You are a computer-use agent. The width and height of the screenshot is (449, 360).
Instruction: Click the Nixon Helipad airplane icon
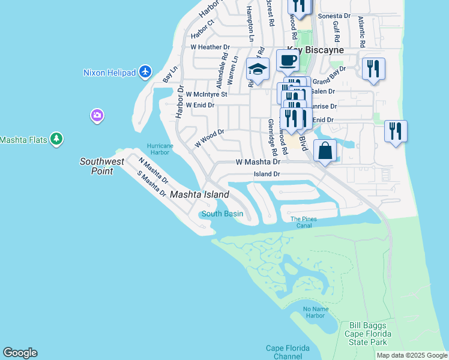145,73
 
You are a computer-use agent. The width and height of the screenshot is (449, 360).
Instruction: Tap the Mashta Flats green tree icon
56,139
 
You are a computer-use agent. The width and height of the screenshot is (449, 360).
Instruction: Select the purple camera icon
97,115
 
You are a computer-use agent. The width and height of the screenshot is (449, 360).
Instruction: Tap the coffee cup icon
288,60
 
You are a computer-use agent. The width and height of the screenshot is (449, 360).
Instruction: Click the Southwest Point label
102,166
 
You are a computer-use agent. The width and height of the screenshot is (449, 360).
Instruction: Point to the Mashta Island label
199,194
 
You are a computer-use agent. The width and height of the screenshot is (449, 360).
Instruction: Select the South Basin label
222,214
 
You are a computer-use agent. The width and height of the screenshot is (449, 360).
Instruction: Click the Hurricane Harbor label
160,149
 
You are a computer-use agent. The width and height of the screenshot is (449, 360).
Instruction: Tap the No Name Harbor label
316,312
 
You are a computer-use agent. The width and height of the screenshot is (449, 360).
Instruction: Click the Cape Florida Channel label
288,352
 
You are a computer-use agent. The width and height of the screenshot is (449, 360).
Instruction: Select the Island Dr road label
267,174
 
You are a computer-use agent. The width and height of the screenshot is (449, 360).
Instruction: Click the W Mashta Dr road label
258,162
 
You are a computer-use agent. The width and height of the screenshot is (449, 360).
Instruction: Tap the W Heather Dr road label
210,47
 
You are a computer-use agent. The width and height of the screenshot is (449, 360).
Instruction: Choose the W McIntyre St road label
206,94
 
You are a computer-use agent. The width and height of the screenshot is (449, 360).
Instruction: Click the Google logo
20,353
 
